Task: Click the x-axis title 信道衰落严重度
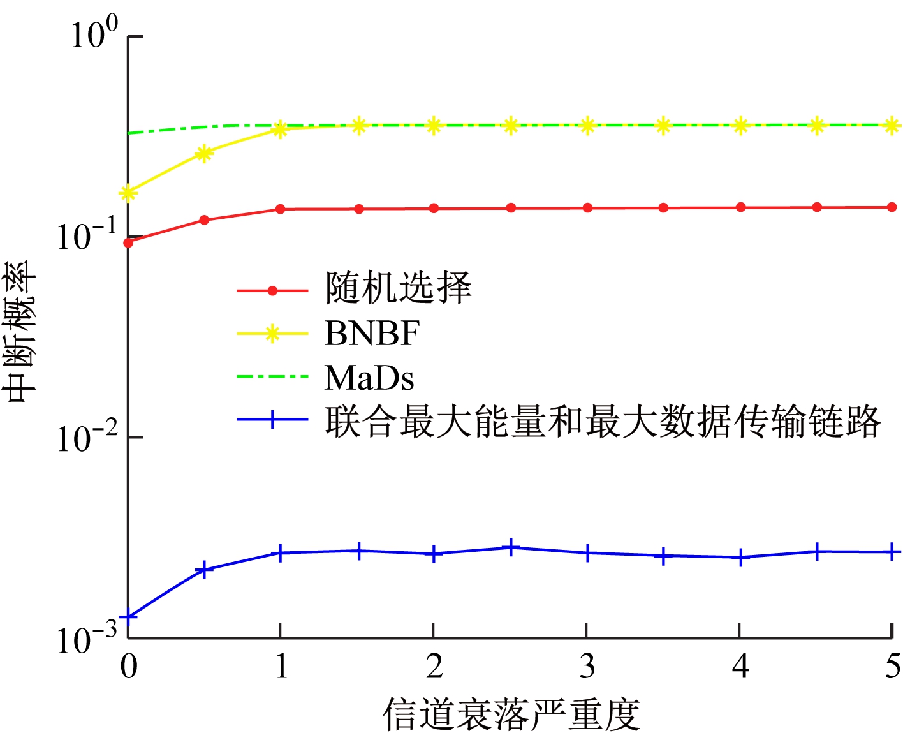[x=511, y=714]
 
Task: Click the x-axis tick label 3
[x=587, y=667]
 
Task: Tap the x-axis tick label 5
[x=892, y=667]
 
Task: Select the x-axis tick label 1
[x=281, y=667]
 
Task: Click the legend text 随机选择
[x=399, y=288]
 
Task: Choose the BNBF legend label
[x=372, y=333]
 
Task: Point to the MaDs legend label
[x=369, y=378]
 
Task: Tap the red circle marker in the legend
[x=272, y=291]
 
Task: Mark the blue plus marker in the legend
[x=272, y=420]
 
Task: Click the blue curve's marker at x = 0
[x=129, y=616]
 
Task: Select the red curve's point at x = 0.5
[x=204, y=220]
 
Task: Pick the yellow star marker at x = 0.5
[x=204, y=153]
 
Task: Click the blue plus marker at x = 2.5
[x=511, y=547]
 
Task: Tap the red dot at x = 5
[x=892, y=207]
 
